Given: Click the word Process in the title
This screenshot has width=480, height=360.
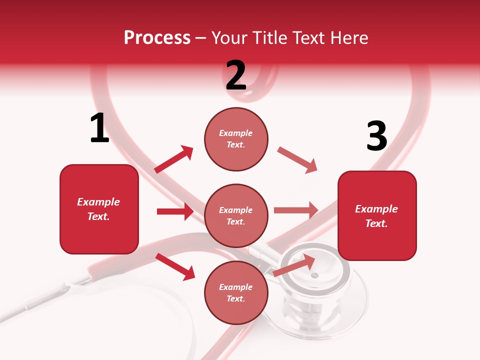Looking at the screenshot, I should (x=157, y=38).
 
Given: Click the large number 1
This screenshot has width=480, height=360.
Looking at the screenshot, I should (x=99, y=128).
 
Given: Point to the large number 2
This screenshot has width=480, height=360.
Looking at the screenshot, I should (x=236, y=75).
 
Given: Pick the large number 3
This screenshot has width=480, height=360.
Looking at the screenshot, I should (x=376, y=136).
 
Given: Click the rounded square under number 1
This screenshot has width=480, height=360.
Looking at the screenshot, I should (x=99, y=209).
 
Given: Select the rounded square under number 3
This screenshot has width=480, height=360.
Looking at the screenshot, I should (x=377, y=215).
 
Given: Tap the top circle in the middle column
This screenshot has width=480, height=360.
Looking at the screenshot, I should (x=236, y=139).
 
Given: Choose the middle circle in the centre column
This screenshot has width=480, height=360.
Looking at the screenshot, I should (x=236, y=215).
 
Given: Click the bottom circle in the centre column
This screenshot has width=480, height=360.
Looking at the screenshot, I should (x=236, y=292).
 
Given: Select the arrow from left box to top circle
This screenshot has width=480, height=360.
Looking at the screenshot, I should (x=174, y=159).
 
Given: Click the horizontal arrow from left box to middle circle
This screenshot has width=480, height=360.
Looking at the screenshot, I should (x=175, y=211).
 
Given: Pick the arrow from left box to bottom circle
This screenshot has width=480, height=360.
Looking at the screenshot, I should (x=175, y=266).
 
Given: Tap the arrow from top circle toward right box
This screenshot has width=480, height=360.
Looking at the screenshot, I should (x=297, y=160).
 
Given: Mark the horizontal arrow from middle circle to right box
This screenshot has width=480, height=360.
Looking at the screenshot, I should (x=296, y=210).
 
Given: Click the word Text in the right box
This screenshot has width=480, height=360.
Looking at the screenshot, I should (x=376, y=223).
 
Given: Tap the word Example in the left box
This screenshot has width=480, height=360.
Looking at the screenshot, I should (x=98, y=202).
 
